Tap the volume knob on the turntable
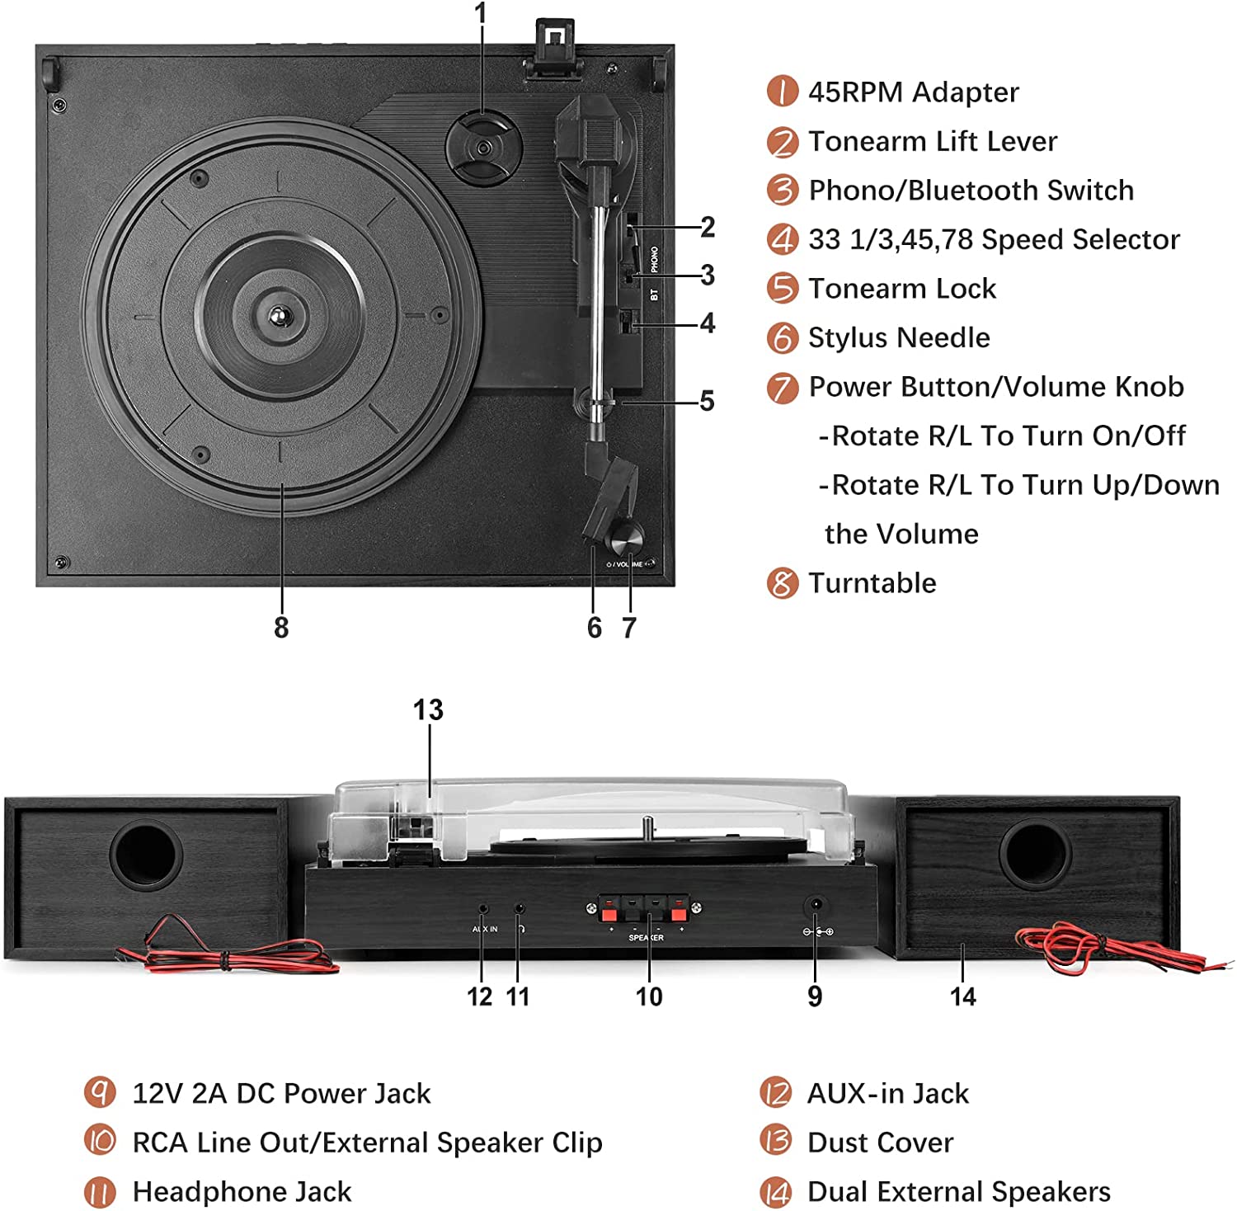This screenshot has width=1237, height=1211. pos(624,540)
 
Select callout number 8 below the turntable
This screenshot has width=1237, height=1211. pos(281,628)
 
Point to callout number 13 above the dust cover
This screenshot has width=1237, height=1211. pos(428,709)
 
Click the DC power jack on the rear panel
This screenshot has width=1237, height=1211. pos(816,906)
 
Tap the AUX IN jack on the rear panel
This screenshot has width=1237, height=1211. pos(483,909)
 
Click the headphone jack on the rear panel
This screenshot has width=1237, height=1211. pos(519,909)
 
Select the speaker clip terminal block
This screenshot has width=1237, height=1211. pos(644,910)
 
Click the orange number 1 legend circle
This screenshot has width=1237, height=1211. pos(782,92)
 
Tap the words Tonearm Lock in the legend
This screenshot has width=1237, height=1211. pos(902,289)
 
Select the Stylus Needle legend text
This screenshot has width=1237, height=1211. pos(899,338)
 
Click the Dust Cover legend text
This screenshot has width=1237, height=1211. pos(880,1143)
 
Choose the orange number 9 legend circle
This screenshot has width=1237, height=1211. pos(100,1093)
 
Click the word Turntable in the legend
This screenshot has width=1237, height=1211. pos(872,583)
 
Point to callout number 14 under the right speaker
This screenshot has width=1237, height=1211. pos(962,997)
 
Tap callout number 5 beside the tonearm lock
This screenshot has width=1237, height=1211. pos(707,402)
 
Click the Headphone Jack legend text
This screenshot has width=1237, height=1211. pos(242,1192)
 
